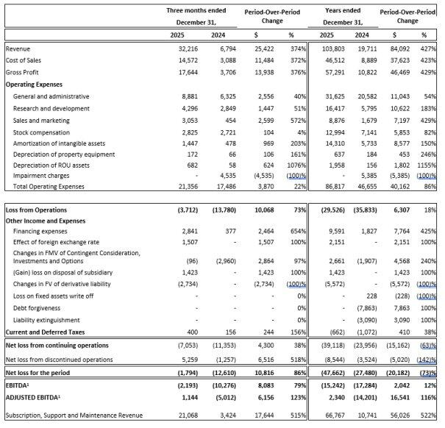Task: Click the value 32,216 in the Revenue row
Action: (x=191, y=48)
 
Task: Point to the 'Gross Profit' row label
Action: (x=24, y=72)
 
